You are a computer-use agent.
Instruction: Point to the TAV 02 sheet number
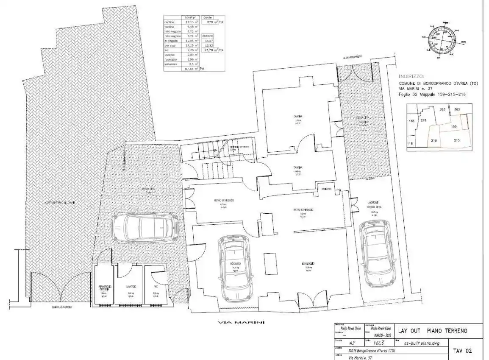[x=462, y=351]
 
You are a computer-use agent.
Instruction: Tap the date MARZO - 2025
[x=378, y=335]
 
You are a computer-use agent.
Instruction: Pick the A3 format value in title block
[x=352, y=343]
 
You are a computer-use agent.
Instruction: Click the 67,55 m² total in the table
[x=191, y=68]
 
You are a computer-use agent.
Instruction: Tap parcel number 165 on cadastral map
[x=411, y=121]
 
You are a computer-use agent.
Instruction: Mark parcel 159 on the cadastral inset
[x=453, y=126]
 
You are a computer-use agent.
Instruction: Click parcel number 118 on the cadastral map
[x=410, y=144]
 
